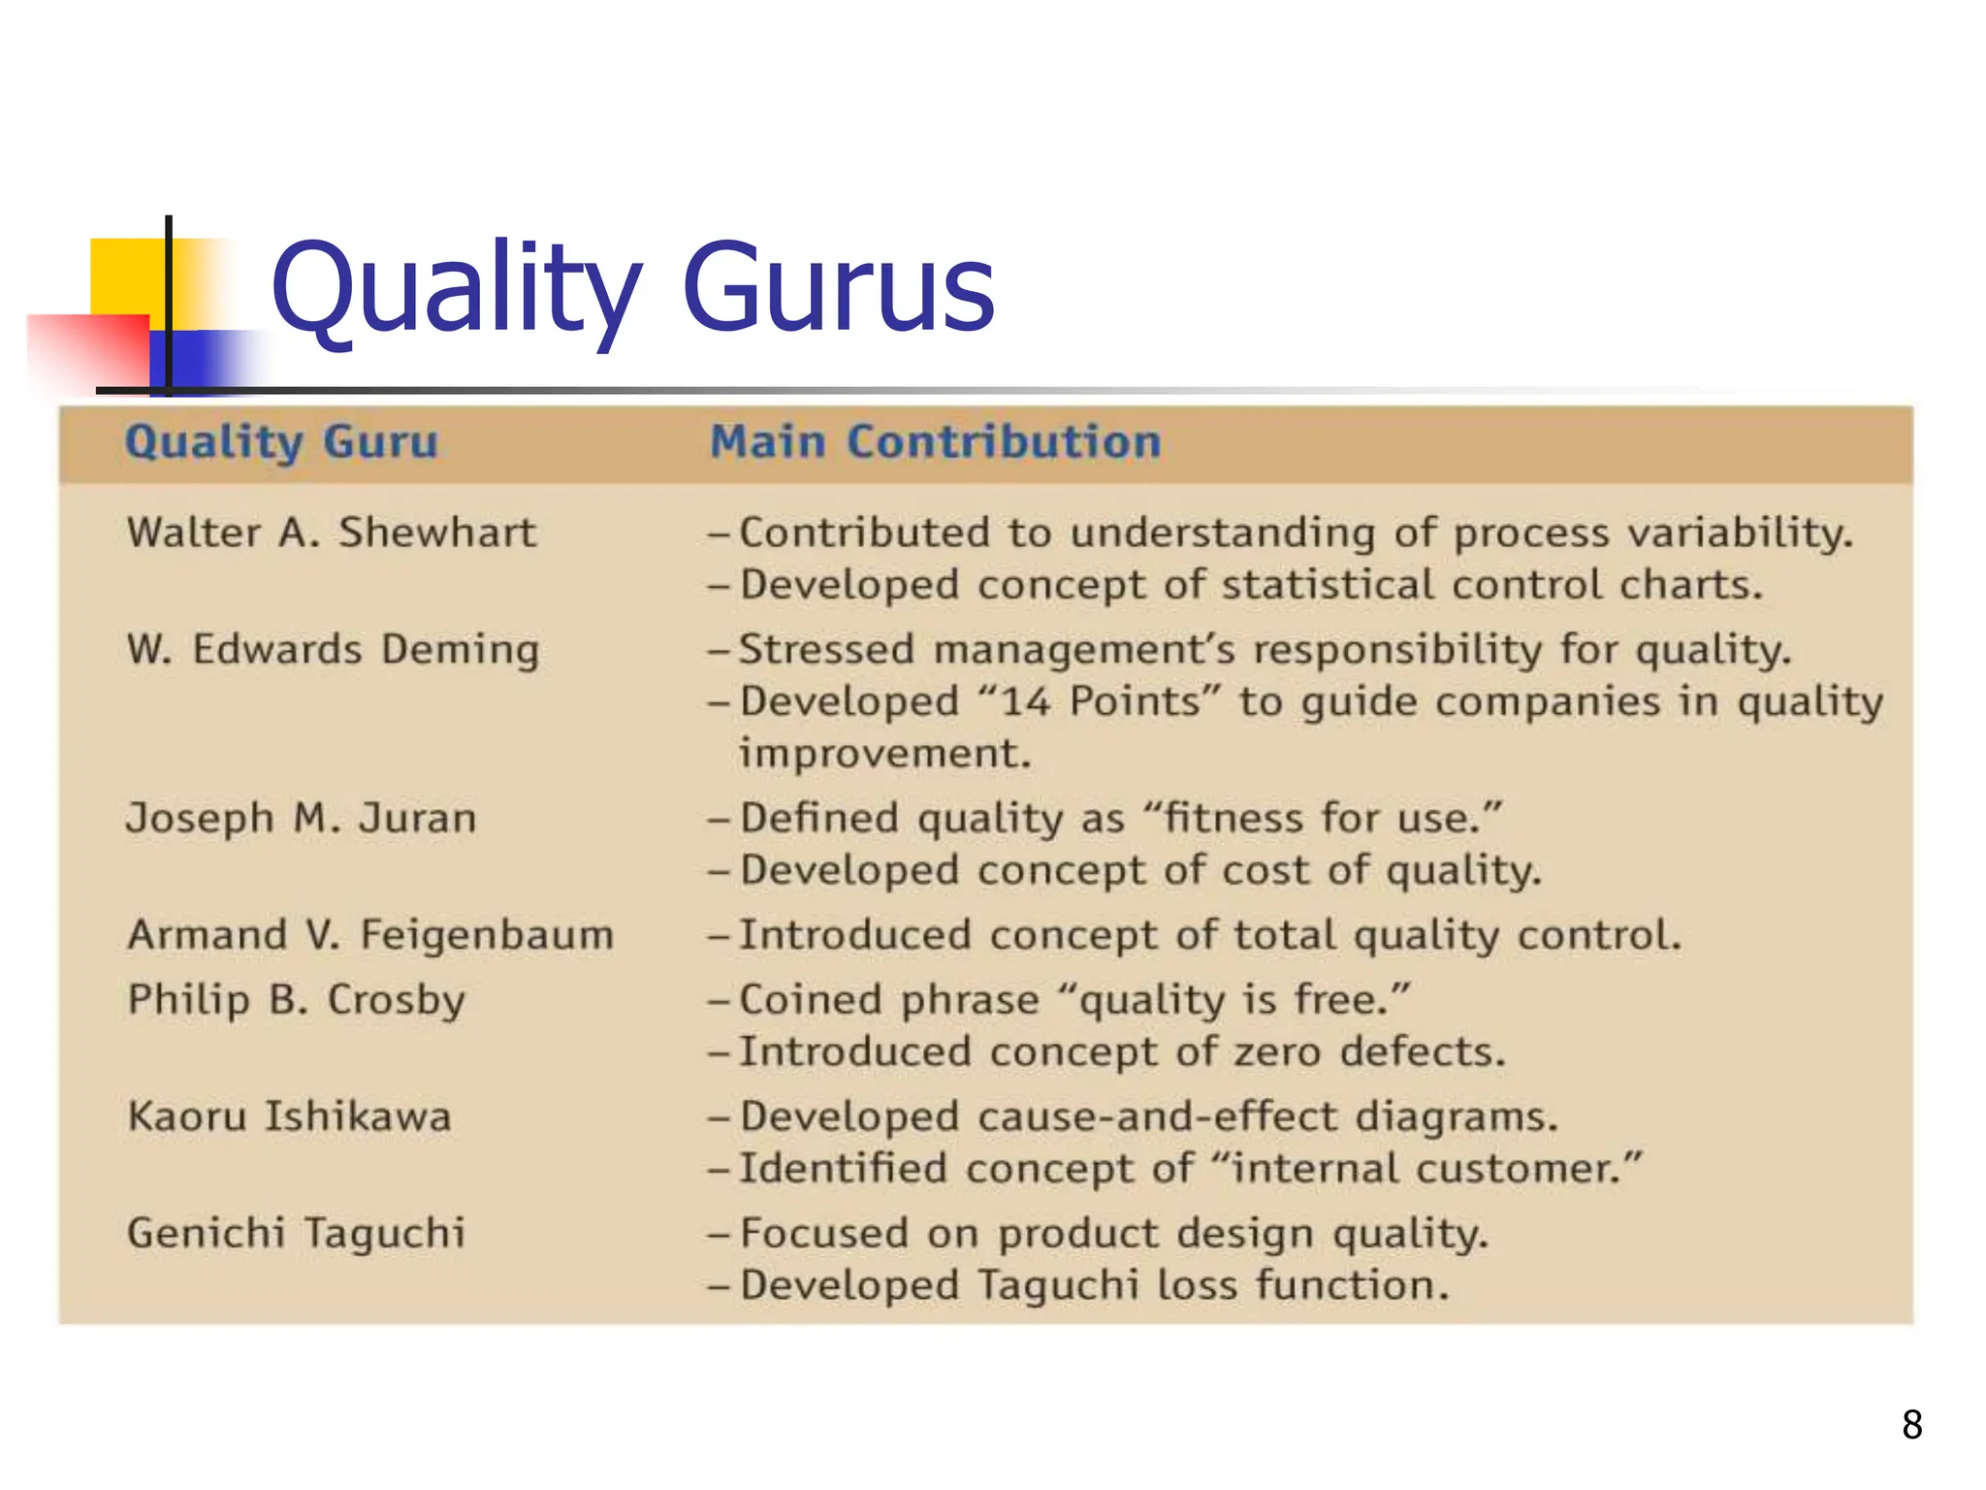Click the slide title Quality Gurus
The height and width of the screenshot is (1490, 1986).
(x=632, y=288)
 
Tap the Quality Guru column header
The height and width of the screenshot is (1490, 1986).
(x=281, y=442)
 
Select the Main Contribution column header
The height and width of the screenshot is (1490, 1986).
(x=935, y=442)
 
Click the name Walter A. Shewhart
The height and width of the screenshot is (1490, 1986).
(x=331, y=534)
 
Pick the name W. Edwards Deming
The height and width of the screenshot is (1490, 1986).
(x=333, y=650)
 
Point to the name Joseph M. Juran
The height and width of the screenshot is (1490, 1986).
(x=301, y=819)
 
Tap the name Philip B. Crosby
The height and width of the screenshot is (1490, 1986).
(x=296, y=1000)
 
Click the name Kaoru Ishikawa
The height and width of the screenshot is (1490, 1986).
(x=289, y=1117)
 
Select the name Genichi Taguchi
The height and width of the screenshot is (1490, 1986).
(x=296, y=1234)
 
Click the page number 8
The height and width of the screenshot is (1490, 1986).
(x=1911, y=1425)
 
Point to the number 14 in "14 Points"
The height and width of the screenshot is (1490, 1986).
(x=1025, y=701)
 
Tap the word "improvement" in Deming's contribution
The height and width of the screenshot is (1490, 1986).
(x=884, y=754)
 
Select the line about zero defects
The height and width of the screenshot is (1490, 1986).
(x=1122, y=1053)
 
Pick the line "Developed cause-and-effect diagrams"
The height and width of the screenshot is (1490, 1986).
(x=1148, y=1117)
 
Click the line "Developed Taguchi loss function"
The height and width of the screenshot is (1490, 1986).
(x=1094, y=1285)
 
